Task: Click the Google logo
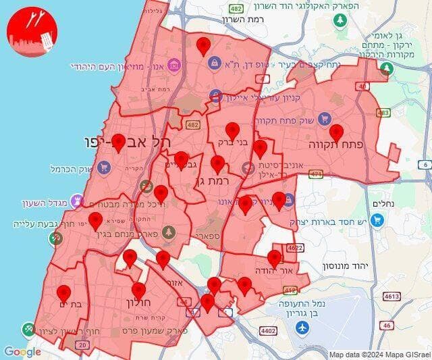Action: click(x=22, y=351)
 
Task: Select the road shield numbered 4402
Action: click(x=268, y=330)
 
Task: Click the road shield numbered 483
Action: click(x=383, y=113)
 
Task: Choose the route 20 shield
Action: click(x=82, y=345)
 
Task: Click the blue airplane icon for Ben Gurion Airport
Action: click(x=302, y=328)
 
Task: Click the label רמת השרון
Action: click(x=267, y=20)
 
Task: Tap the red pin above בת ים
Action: click(x=64, y=293)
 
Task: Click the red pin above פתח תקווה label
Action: click(x=336, y=132)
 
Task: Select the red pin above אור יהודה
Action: click(x=274, y=257)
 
